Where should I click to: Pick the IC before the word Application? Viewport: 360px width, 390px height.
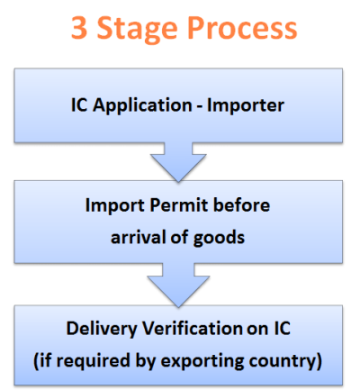coord(84,104)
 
